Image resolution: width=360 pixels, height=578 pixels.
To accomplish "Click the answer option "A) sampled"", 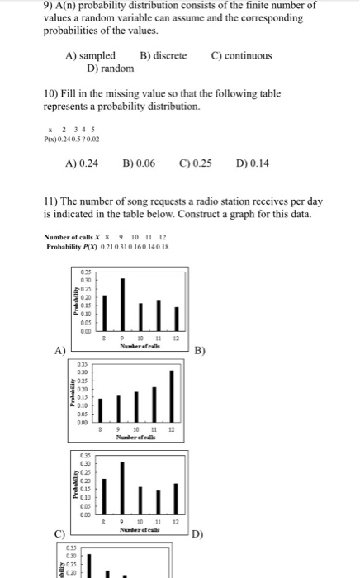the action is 90,56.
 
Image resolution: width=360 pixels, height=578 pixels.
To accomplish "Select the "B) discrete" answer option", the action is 163,56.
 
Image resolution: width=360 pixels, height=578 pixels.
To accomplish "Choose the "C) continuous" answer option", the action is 241,56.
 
